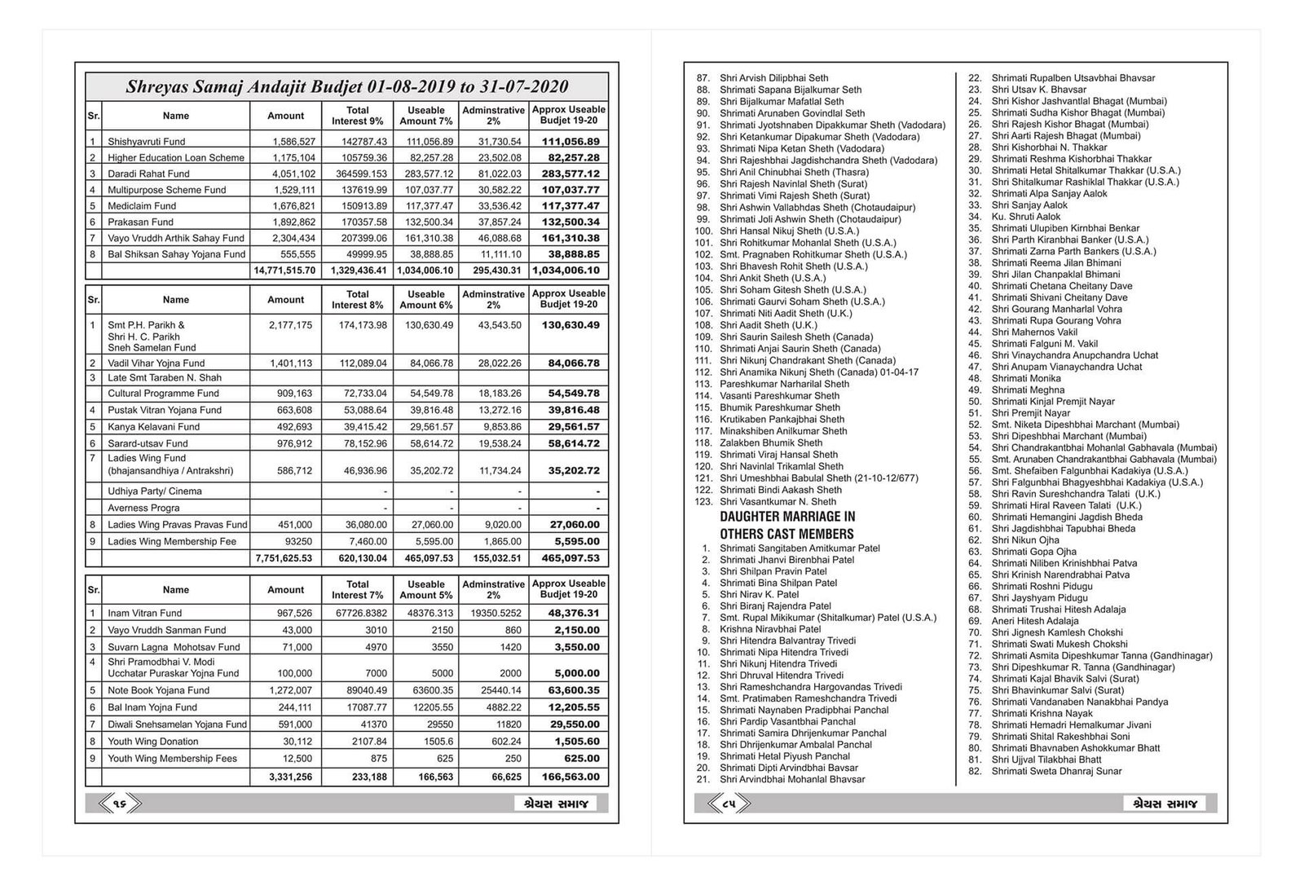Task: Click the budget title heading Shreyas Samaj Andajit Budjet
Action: pos(346,87)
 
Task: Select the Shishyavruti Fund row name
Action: pos(147,142)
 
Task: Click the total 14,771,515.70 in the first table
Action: pos(284,271)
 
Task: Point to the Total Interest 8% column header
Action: pos(357,300)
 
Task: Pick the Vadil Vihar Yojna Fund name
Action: pos(156,363)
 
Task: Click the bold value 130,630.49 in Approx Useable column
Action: pos(569,325)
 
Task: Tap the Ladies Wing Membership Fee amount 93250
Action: pos(297,542)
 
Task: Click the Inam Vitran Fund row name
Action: pos(144,614)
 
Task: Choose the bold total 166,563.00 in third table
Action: pos(569,777)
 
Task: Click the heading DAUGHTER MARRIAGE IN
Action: pos(787,517)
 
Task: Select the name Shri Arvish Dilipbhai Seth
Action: pos(773,78)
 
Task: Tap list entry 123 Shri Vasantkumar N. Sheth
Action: pos(778,502)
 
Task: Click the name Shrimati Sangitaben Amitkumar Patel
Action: pos(800,548)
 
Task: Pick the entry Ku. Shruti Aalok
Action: pos(1025,217)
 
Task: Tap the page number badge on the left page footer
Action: pos(119,804)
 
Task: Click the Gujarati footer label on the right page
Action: pos(1164,804)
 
